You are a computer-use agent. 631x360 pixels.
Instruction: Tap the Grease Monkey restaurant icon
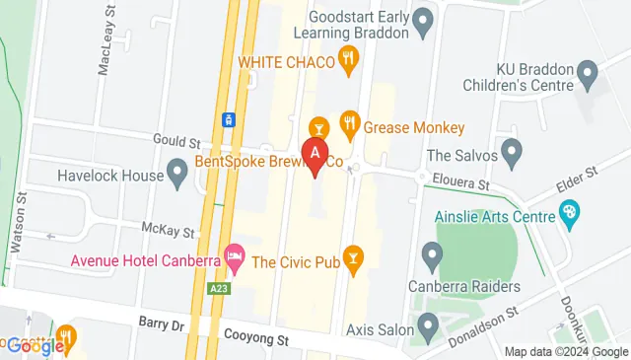(x=348, y=124)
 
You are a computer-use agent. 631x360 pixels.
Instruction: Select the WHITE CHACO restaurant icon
(x=347, y=61)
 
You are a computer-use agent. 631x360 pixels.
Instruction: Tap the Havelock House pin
(x=177, y=175)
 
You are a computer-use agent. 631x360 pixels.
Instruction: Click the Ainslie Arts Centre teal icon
(x=569, y=211)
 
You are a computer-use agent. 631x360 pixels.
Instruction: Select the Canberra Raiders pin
(x=431, y=257)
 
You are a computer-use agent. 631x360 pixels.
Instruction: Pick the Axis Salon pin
(x=428, y=324)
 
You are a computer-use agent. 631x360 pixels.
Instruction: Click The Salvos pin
(x=511, y=151)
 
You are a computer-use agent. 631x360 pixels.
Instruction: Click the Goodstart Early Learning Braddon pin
(x=423, y=19)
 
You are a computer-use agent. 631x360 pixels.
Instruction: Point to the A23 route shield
(x=219, y=288)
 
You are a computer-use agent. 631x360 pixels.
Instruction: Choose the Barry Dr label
(x=162, y=322)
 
